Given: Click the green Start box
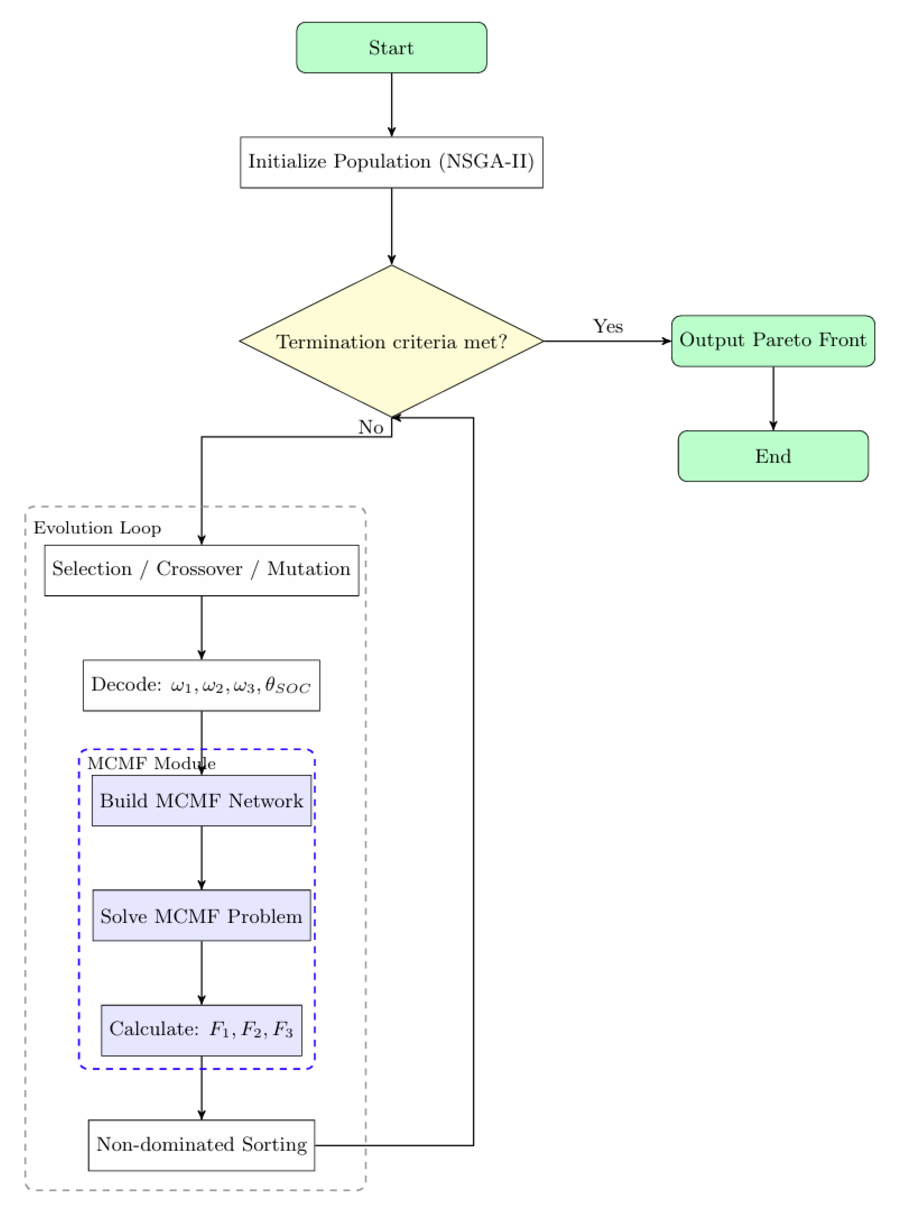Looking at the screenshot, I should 391,47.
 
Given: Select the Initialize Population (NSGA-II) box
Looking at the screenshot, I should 391,162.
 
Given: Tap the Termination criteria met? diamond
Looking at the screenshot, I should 391,342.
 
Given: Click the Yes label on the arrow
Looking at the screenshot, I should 608,326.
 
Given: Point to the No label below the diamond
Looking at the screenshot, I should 370,427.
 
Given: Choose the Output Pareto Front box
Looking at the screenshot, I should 773,340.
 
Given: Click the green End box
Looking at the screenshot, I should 773,456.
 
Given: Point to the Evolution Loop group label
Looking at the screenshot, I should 97,528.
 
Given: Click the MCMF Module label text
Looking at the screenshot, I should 151,763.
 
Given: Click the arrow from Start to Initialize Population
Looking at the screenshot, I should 391,104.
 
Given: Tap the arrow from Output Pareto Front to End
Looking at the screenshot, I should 773,398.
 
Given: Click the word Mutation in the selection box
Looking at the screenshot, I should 308,568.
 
